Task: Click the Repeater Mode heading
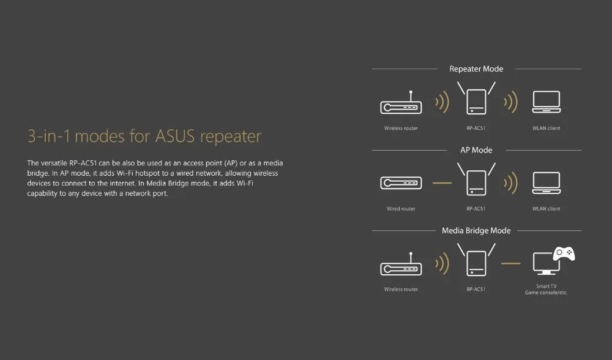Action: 476,69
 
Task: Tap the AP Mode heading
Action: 476,150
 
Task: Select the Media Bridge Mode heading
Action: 476,231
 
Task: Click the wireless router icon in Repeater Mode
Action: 401,106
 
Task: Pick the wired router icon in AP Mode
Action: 401,182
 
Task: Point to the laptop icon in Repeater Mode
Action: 546,102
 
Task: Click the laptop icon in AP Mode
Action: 546,183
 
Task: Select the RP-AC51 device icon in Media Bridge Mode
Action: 476,262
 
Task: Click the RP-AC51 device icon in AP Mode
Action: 476,182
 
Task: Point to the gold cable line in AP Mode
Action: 442,183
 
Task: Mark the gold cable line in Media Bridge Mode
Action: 510,264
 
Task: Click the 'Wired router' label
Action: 401,209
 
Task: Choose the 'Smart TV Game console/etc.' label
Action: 546,290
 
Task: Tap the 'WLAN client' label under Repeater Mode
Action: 546,129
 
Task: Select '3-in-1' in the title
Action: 49,136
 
